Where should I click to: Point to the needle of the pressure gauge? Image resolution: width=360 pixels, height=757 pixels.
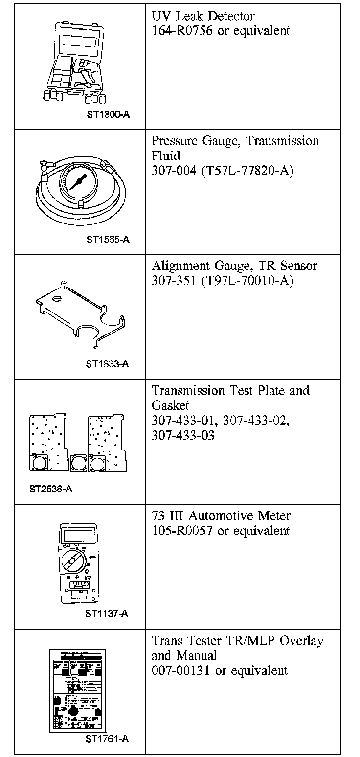coord(77,183)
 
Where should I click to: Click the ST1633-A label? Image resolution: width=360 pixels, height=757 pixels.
coord(107,364)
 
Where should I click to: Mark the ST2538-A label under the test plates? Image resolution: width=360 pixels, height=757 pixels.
coord(50,489)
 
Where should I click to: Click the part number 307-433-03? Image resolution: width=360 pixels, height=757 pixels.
coord(183,435)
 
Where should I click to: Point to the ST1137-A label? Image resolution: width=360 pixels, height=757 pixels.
coord(107,614)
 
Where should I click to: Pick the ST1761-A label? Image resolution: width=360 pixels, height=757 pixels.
coord(107,739)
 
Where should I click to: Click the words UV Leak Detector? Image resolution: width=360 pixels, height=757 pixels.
coord(203,16)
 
